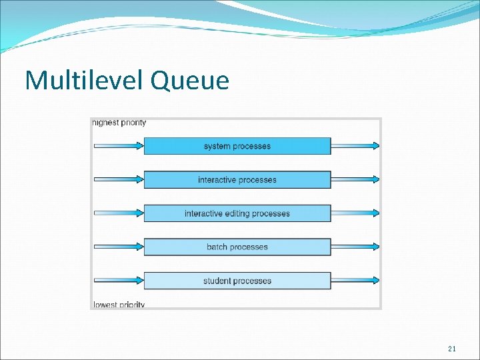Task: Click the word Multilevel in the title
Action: pyautogui.click(x=85, y=81)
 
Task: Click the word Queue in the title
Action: pyautogui.click(x=190, y=82)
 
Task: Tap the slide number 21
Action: pyautogui.click(x=451, y=349)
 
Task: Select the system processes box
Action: pyautogui.click(x=237, y=146)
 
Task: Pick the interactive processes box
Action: pyautogui.click(x=237, y=180)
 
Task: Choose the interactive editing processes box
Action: pyautogui.click(x=237, y=213)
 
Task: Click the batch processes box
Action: pyautogui.click(x=237, y=247)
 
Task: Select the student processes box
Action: pyautogui.click(x=237, y=281)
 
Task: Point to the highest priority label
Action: pyautogui.click(x=119, y=123)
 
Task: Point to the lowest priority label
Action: pyautogui.click(x=119, y=305)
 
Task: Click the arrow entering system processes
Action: pyautogui.click(x=119, y=145)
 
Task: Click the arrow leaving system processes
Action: pyautogui.click(x=355, y=145)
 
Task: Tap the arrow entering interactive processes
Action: pyautogui.click(x=119, y=179)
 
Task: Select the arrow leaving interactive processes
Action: pyautogui.click(x=355, y=179)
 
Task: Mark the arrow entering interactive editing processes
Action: pyautogui.click(x=119, y=213)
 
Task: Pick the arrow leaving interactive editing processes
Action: pyautogui.click(x=355, y=213)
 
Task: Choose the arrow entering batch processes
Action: pyautogui.click(x=119, y=247)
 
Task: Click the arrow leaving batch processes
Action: pyautogui.click(x=355, y=247)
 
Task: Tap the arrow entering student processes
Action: pyautogui.click(x=119, y=280)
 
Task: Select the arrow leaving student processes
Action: pyautogui.click(x=355, y=280)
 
